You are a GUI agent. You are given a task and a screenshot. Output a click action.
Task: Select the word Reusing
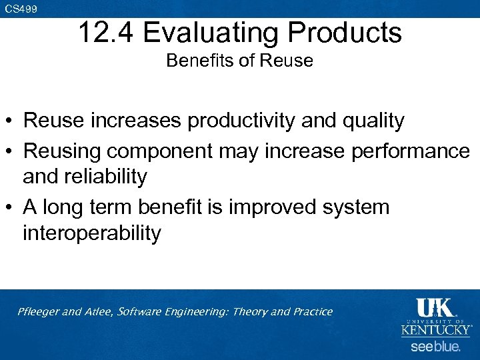pos(61,151)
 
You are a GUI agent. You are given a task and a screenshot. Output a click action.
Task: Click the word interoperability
pos(91,233)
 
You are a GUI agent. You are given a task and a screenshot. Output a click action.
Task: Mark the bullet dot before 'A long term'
pos(10,207)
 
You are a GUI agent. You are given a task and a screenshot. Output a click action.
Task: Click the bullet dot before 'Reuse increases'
pos(10,121)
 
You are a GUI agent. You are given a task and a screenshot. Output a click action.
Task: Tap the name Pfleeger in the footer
pos(42,311)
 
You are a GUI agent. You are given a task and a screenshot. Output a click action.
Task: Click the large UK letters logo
pos(434,307)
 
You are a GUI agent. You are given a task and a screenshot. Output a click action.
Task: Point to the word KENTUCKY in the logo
pos(435,329)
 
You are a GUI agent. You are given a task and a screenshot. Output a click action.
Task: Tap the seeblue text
pos(435,347)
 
